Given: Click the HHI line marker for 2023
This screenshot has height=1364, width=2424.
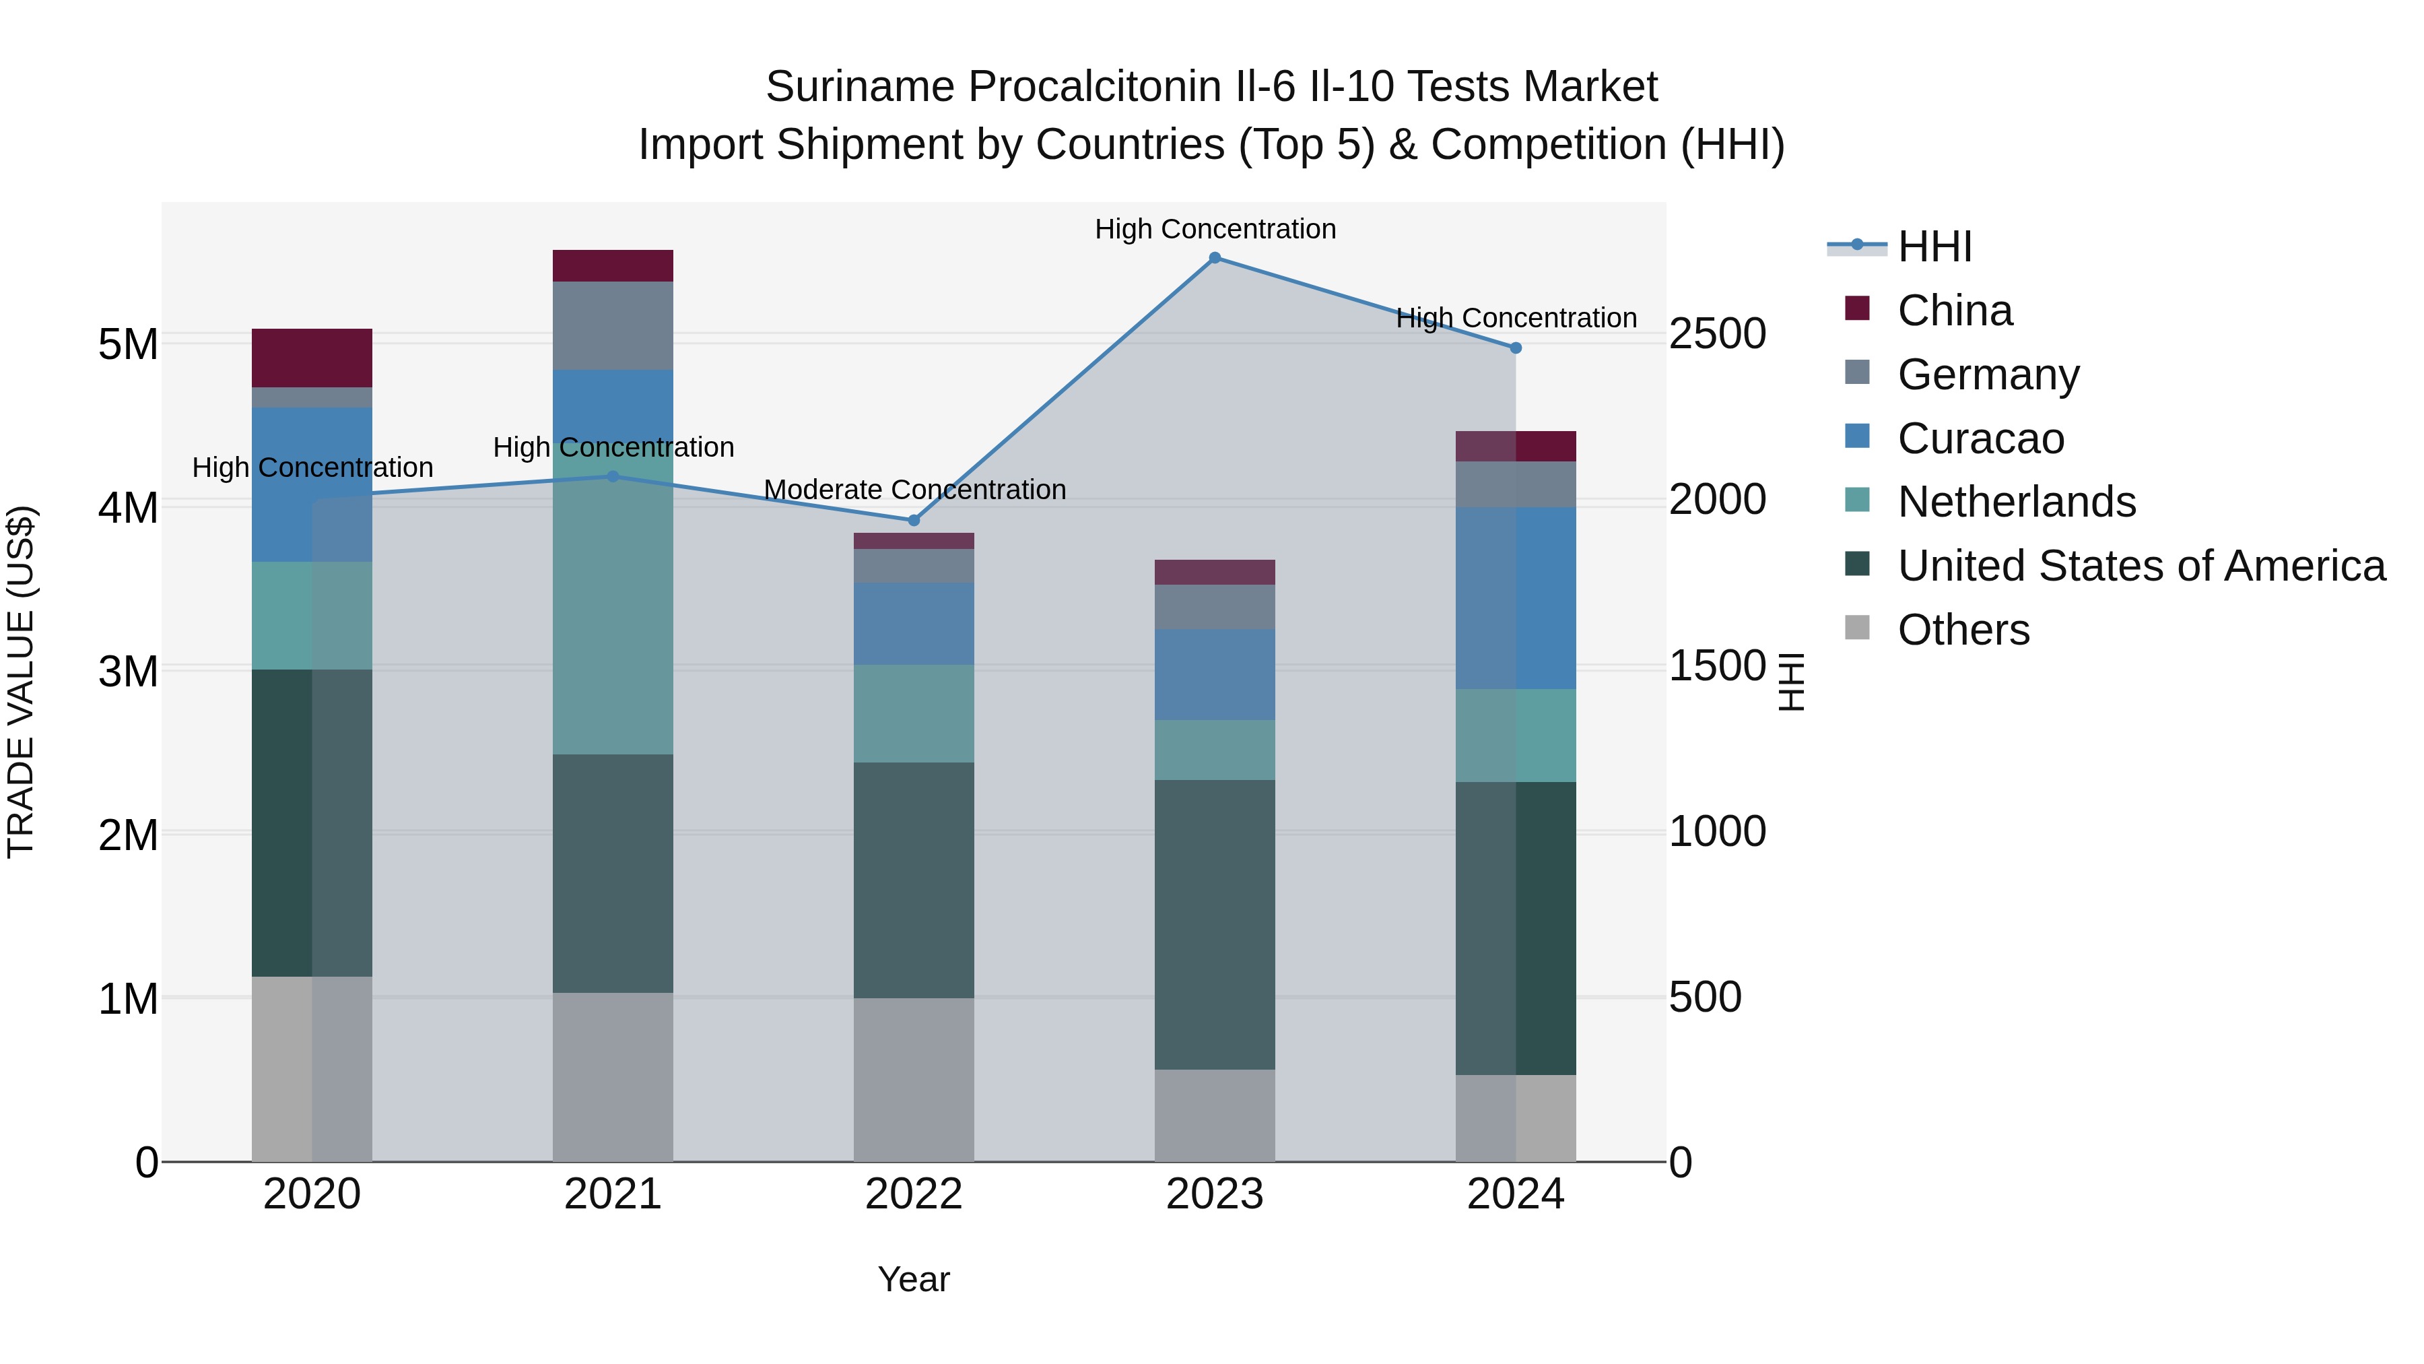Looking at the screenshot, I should click(x=1214, y=257).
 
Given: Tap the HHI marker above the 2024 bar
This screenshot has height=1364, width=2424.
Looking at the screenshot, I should click(x=1515, y=348).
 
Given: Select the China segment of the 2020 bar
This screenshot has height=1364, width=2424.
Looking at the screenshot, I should click(x=312, y=358).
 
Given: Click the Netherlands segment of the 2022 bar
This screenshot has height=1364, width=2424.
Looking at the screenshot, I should click(x=913, y=713).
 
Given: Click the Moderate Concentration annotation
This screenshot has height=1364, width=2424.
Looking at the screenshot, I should click(x=914, y=490).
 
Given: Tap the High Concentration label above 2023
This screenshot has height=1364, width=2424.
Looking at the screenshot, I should click(x=1214, y=229).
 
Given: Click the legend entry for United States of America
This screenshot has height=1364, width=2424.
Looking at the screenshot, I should click(x=2141, y=566).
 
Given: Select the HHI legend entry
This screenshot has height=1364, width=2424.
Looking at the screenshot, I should click(x=1934, y=247).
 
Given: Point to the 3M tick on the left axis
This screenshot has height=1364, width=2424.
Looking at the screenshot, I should click(x=128, y=671).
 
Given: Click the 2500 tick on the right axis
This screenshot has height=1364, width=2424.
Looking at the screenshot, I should click(x=1716, y=333).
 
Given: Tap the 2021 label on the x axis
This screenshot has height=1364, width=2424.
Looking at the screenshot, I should click(x=613, y=1194).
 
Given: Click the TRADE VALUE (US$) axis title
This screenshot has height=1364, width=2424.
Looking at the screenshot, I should click(x=21, y=682).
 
